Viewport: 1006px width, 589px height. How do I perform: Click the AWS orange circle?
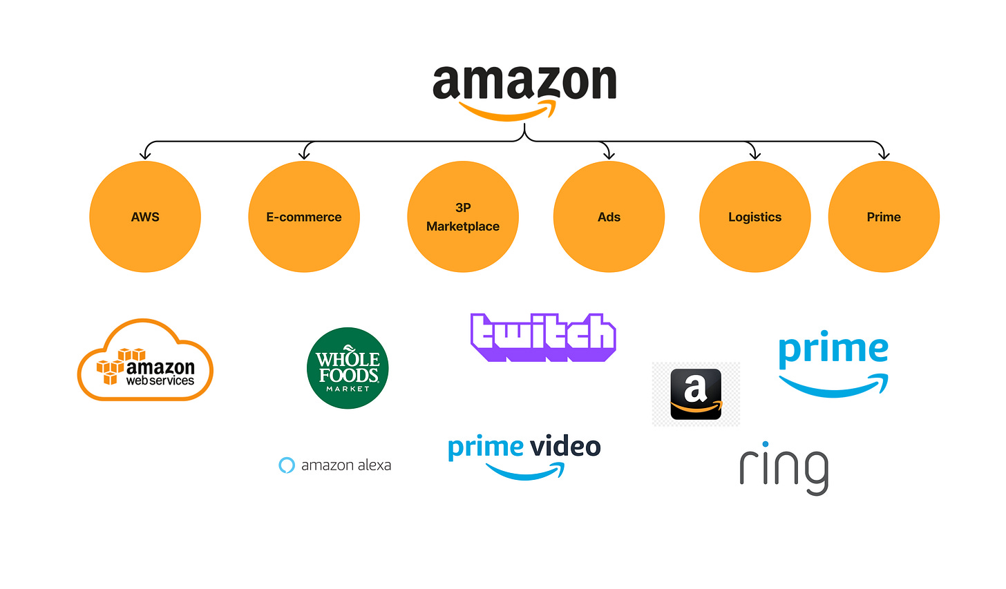[145, 217]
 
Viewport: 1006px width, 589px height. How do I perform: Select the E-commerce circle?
[304, 217]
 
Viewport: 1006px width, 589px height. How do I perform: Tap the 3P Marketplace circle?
[463, 217]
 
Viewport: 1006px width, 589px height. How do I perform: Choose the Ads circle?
[609, 217]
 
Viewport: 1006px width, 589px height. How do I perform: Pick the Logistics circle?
[754, 217]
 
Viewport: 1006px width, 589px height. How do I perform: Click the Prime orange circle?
[884, 217]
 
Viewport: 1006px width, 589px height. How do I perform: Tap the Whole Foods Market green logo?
[348, 368]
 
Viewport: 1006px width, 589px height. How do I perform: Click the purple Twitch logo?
[543, 337]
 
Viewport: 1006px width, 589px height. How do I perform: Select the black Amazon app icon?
[696, 394]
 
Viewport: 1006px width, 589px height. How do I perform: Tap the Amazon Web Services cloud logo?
[145, 360]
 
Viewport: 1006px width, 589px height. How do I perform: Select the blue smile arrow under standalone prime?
[834, 386]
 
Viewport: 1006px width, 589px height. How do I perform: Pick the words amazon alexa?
[346, 465]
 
